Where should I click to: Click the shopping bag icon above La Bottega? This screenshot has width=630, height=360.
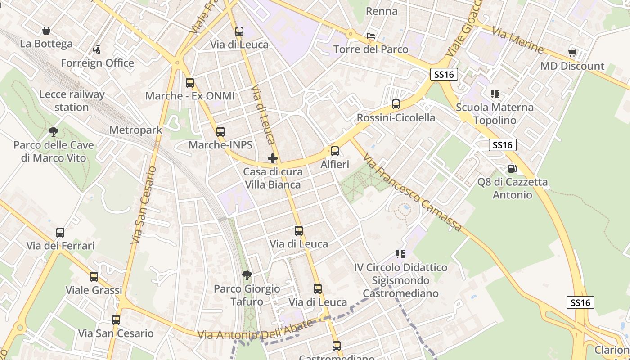point(46,31)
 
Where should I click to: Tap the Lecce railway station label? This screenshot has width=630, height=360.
point(72,101)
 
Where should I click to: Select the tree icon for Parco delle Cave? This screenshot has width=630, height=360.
point(54,132)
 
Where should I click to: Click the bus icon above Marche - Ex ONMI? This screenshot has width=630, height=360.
point(190,83)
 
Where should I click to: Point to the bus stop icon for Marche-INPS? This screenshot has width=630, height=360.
point(220,132)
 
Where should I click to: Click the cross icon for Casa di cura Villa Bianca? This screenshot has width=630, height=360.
point(273,158)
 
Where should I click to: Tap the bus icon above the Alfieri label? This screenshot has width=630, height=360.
point(335,151)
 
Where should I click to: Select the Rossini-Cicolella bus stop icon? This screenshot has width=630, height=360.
point(396,104)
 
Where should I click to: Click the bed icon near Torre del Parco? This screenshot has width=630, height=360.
point(371,36)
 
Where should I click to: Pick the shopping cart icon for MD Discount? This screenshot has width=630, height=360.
point(572,53)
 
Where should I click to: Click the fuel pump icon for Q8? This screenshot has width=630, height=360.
point(512,169)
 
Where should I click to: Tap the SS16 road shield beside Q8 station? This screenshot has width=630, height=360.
point(502,145)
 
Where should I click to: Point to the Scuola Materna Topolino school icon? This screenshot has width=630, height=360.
point(495,94)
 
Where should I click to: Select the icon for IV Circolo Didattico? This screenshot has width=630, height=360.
point(400,254)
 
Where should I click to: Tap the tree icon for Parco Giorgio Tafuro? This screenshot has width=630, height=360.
point(247,275)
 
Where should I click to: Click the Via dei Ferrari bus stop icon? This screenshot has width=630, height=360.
point(60,233)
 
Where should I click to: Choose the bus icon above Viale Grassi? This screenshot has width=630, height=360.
point(94,277)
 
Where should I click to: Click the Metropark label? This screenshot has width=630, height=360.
point(136,130)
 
